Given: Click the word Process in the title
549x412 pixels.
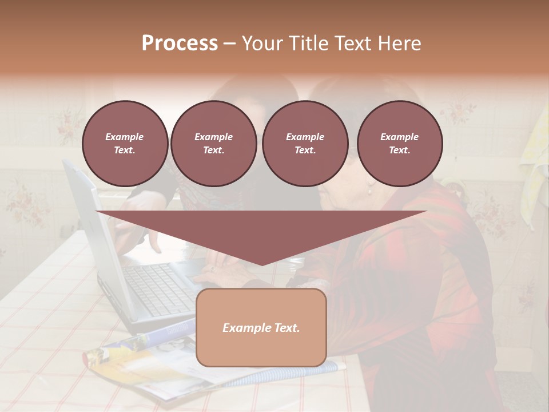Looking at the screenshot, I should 180,43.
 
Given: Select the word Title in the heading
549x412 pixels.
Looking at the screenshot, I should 311,43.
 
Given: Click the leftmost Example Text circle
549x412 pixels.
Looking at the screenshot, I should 125,144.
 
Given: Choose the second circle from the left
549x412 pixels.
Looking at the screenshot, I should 213,144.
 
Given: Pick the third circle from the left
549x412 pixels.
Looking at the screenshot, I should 305,144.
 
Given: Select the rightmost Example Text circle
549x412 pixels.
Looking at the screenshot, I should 399,144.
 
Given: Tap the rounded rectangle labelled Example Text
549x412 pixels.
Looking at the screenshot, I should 261,327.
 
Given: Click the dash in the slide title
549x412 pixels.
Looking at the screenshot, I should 229,43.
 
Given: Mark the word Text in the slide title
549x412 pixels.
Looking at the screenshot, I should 352,43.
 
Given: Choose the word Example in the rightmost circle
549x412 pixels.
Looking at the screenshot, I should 399,137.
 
